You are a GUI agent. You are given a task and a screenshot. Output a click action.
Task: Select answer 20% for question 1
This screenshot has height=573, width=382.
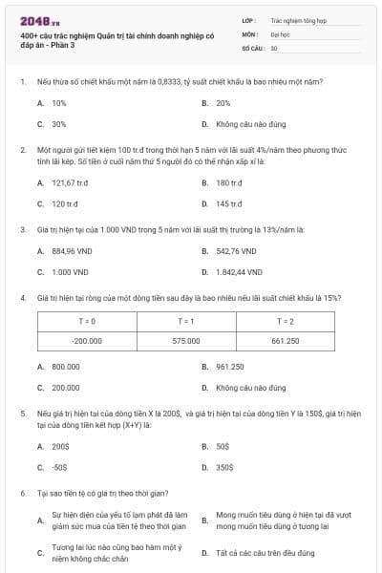point(223,102)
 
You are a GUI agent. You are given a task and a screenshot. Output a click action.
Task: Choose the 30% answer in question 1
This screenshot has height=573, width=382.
point(58,124)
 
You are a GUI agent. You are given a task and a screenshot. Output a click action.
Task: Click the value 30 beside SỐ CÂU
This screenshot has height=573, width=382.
point(274,47)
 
